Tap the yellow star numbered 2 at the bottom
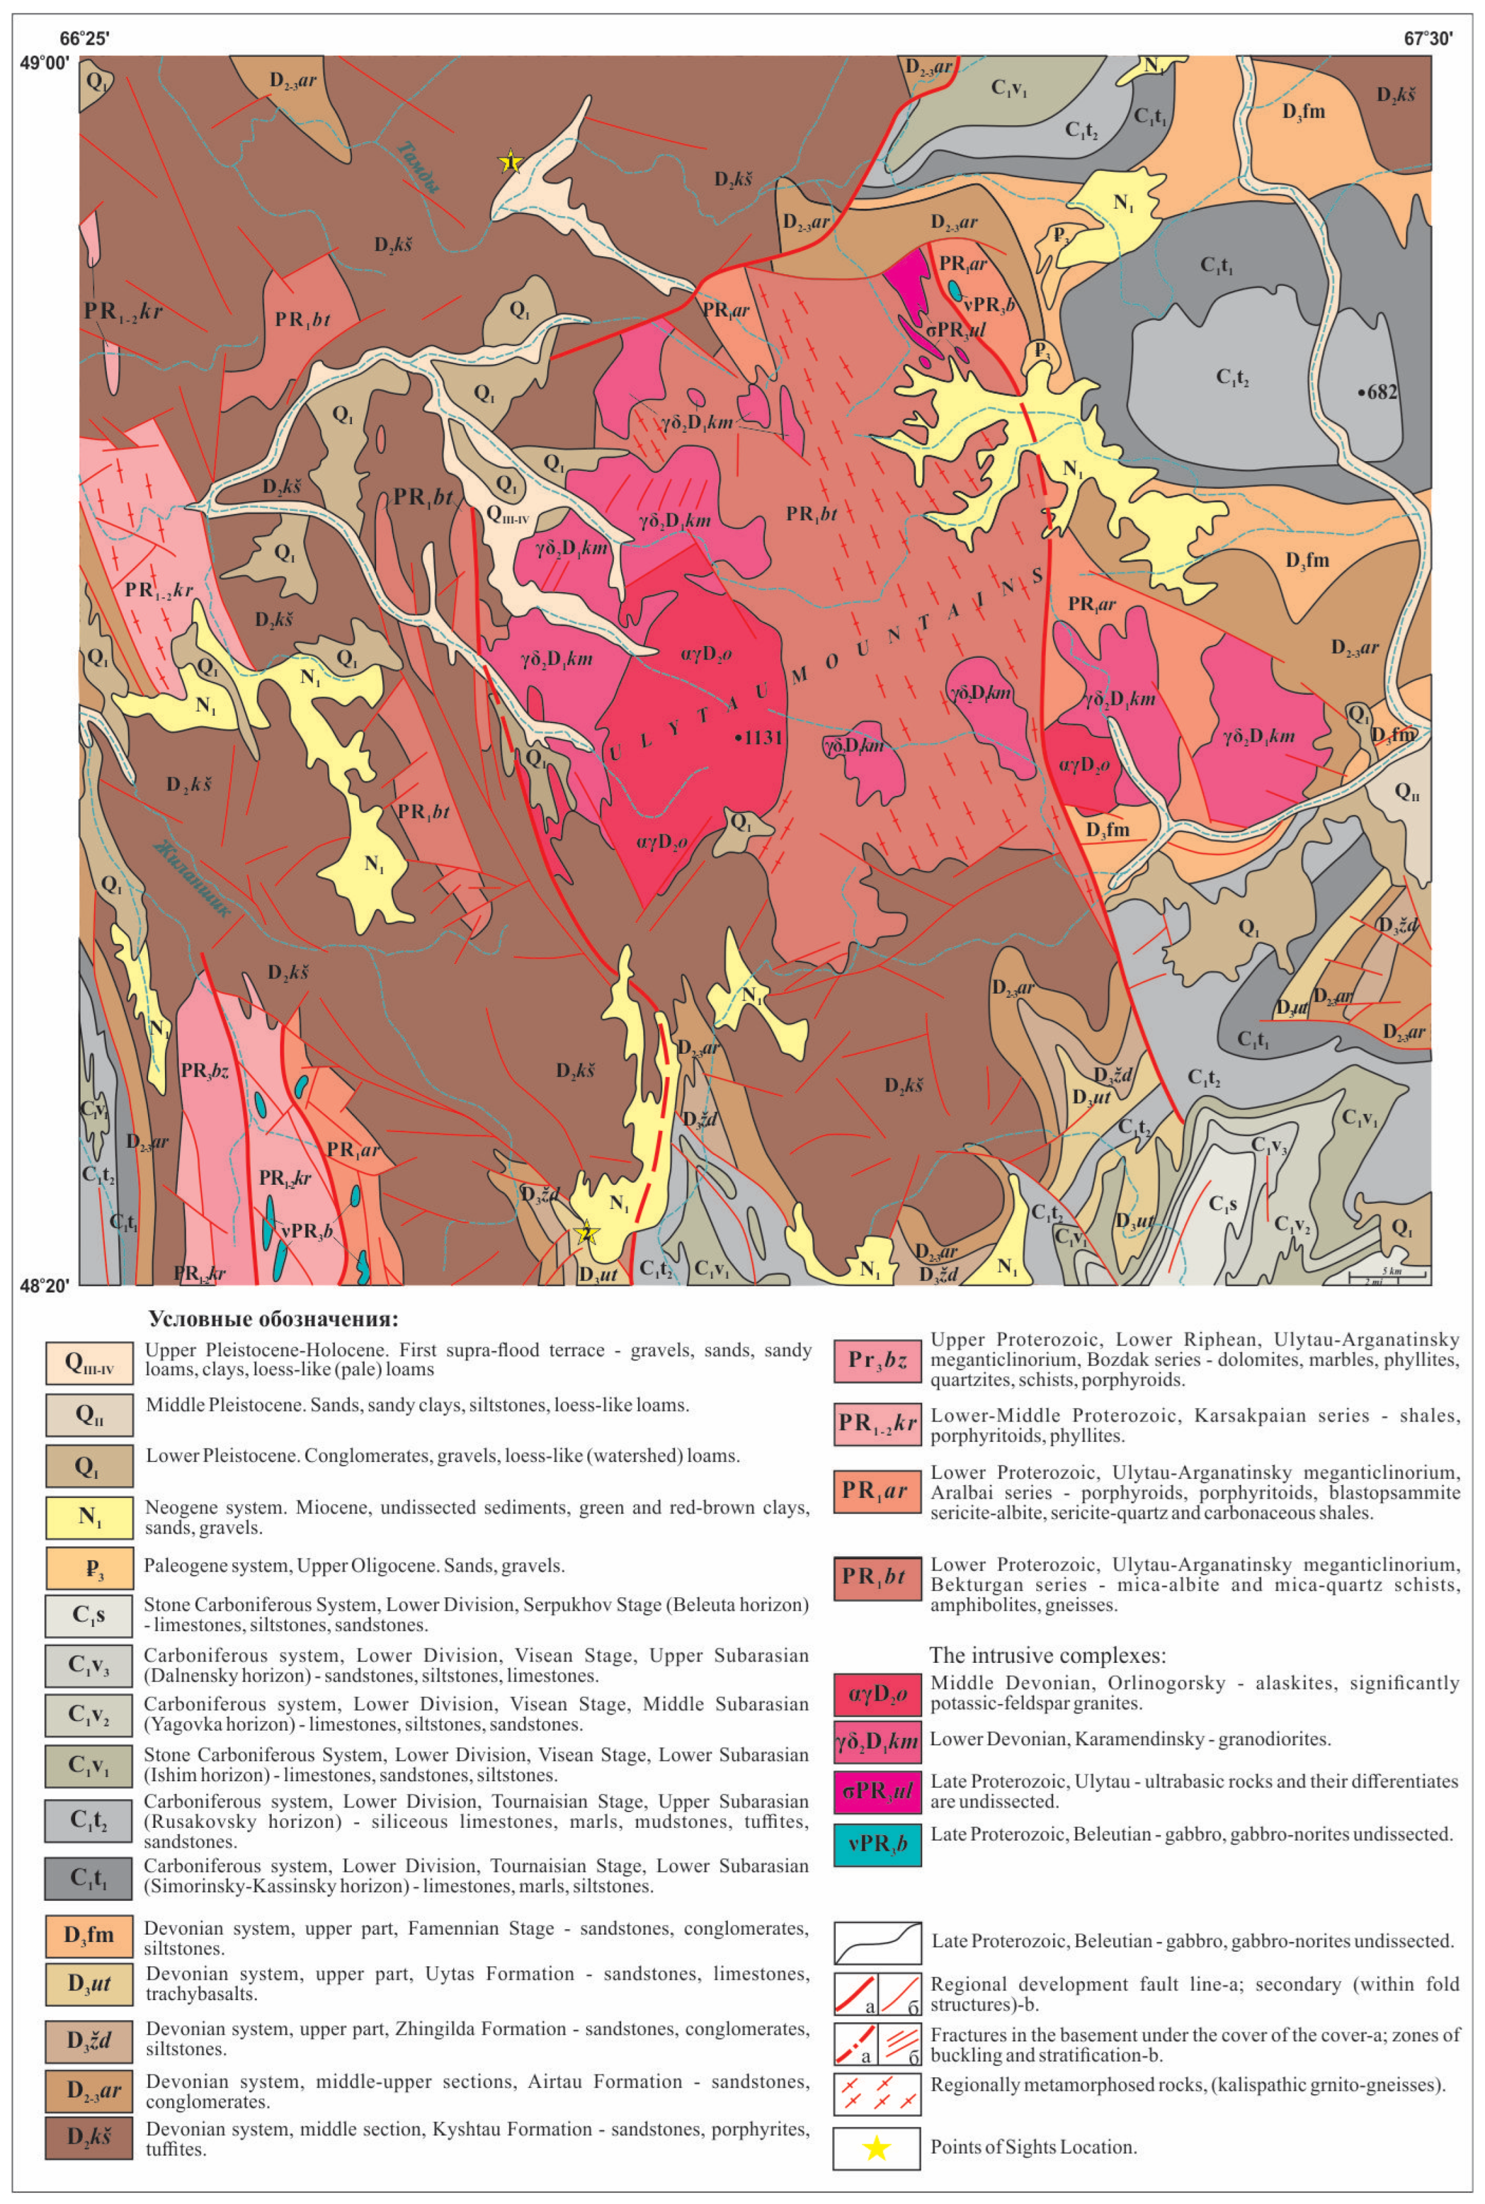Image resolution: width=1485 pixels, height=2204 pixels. [x=586, y=1232]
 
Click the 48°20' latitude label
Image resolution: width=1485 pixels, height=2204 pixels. [x=45, y=1286]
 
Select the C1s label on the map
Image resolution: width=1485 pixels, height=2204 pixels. [x=1223, y=1205]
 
